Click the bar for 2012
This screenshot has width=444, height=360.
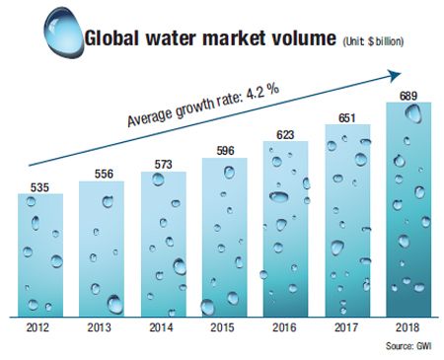click(40, 255)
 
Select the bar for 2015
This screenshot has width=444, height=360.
click(225, 238)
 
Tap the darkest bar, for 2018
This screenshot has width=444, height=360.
click(408, 209)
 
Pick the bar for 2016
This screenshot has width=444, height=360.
click(285, 229)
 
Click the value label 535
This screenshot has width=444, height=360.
click(39, 187)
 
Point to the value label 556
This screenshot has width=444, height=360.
click(104, 174)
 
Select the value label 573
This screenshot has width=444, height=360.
click(164, 164)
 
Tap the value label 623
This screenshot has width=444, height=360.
click(285, 134)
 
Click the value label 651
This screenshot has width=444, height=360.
click(347, 117)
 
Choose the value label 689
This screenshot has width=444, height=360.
click(408, 96)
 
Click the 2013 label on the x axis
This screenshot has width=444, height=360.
click(100, 327)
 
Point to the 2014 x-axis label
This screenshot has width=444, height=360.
click(161, 327)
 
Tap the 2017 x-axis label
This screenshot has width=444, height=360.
click(347, 327)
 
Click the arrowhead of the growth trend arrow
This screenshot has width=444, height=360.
click(396, 75)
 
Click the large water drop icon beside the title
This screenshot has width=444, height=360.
click(63, 33)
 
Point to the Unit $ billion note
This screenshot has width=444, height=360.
click(373, 41)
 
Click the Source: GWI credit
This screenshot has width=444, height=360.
click(408, 346)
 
